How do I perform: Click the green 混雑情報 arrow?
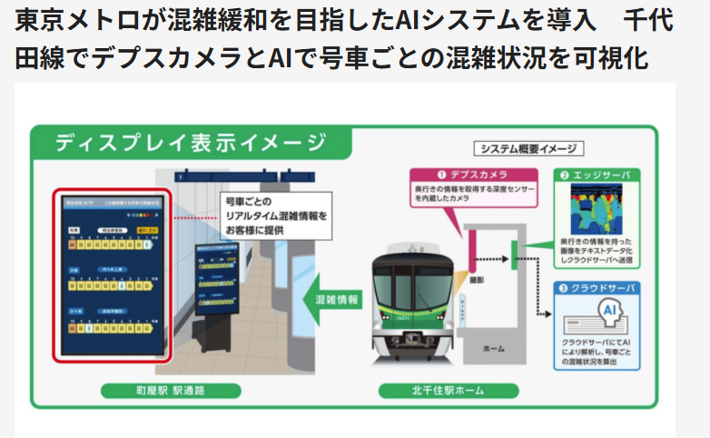tap(331, 299)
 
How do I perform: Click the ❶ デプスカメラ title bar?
tap(472, 174)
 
